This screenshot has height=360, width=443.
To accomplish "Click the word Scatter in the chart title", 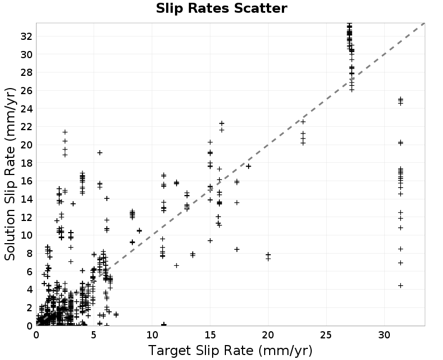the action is [x=260, y=8].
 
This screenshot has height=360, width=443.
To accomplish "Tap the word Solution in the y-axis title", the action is [x=9, y=235].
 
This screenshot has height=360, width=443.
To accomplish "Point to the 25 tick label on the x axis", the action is [x=326, y=335].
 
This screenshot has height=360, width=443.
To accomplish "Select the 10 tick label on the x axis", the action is [x=152, y=335].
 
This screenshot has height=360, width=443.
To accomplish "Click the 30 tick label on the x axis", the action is [x=384, y=335].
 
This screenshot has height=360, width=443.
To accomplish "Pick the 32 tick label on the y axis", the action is [x=27, y=36].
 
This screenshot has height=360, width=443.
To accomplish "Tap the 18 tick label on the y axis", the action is [x=27, y=163].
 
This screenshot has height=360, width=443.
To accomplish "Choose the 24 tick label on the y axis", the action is [x=27, y=109].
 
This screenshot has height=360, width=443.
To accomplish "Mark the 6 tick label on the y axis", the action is [x=29, y=271].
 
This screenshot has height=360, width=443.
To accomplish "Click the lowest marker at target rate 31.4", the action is [x=400, y=286].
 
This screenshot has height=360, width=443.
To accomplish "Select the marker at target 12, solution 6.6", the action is [x=176, y=266].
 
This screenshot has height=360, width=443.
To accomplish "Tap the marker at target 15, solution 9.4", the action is [x=210, y=241].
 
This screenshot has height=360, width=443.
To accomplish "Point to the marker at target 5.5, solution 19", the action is [x=100, y=153].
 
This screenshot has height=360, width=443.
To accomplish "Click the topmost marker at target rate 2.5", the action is [x=65, y=132].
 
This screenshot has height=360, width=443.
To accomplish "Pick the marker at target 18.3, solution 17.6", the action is [x=248, y=166].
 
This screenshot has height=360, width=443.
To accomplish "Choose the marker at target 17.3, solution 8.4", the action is [x=237, y=249].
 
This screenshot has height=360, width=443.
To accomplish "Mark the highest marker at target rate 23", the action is [x=303, y=122].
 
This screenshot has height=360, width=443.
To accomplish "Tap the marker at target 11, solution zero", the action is [x=163, y=325].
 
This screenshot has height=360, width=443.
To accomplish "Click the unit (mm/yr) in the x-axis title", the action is [x=285, y=351].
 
